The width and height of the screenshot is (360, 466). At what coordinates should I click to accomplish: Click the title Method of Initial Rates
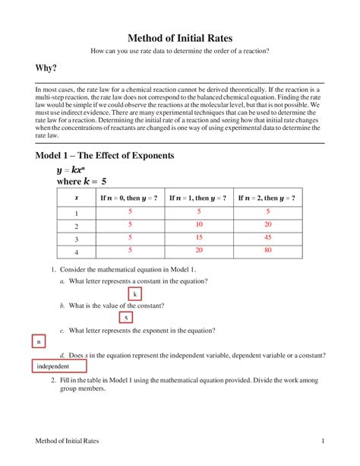[179, 37]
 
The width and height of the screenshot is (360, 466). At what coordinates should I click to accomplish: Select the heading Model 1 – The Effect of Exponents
[105, 156]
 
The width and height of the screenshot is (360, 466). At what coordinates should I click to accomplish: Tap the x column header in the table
[76, 198]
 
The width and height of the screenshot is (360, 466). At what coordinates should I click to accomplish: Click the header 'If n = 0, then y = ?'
[129, 198]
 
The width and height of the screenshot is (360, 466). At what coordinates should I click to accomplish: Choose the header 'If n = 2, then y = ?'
[267, 198]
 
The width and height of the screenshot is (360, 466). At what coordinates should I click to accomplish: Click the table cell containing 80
[267, 249]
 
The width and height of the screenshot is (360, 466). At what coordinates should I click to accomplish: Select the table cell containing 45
[267, 237]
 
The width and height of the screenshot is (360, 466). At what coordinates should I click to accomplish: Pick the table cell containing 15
[199, 237]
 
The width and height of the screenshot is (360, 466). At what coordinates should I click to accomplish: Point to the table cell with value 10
[199, 225]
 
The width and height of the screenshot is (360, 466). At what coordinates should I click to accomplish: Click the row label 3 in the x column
[76, 238]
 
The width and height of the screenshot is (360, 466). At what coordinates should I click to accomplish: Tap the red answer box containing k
[134, 294]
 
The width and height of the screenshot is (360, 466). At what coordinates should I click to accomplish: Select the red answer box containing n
[38, 342]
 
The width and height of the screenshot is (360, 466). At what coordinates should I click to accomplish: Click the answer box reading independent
[58, 366]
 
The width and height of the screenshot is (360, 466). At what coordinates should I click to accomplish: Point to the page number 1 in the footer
[323, 442]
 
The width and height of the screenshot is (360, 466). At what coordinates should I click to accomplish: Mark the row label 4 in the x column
[76, 250]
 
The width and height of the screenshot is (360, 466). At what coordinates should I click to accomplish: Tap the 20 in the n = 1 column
[199, 249]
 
